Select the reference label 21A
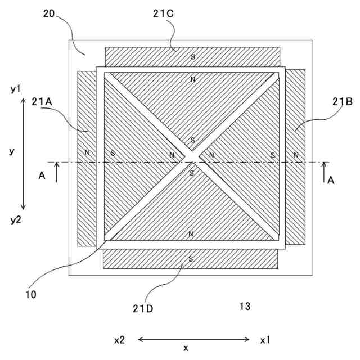tap(43, 101)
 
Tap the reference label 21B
tap(342, 101)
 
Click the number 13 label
tap(245, 307)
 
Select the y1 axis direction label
tap(15, 89)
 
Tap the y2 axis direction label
tap(15, 219)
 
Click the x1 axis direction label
tap(265, 340)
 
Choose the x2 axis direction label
tap(119, 340)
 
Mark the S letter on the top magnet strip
tap(192, 57)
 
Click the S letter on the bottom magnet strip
tap(191, 259)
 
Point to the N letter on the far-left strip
tap(87, 152)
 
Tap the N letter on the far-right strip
tap(296, 155)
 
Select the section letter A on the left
tap(41, 176)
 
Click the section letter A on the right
tap(331, 180)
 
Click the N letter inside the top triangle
tap(192, 79)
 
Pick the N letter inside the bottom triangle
tap(191, 233)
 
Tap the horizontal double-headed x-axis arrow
tap(193, 339)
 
